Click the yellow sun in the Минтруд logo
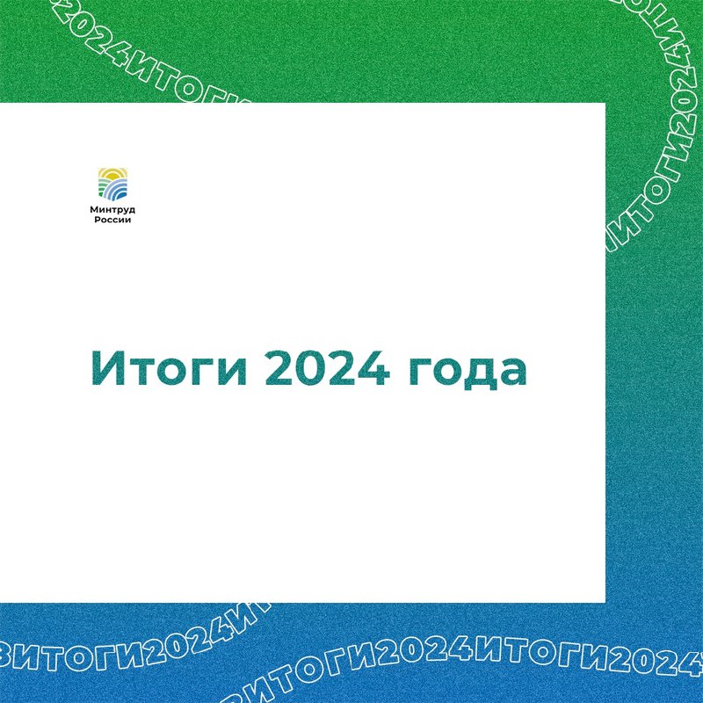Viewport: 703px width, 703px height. tap(112, 174)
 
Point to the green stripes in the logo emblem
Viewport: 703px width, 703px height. tap(103, 186)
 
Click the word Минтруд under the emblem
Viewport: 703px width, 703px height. tap(112, 210)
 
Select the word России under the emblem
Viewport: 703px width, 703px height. tap(112, 220)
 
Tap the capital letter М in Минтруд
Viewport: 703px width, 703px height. tap(95, 209)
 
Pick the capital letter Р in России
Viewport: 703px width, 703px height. tap(97, 220)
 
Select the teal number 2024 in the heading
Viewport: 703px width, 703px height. tap(328, 367)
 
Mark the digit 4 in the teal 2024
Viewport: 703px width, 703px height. tap(374, 368)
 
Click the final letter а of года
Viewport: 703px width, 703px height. tap(513, 373)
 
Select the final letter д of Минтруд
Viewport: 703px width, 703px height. tap(132, 210)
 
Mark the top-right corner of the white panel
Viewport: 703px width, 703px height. tap(605, 103)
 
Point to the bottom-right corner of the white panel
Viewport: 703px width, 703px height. tap(605, 603)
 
